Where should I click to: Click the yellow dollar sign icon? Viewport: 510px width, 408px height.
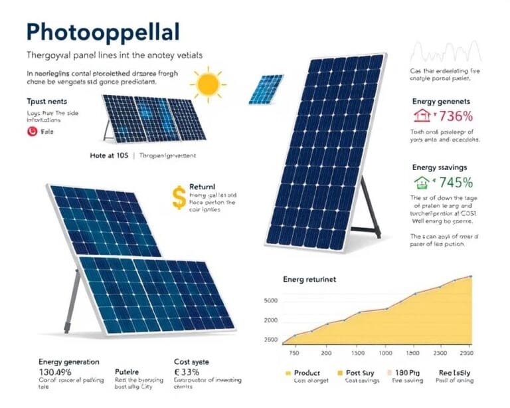click(x=177, y=197)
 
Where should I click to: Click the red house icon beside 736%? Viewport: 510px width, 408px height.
click(x=420, y=117)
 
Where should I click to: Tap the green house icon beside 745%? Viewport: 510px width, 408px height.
click(x=420, y=181)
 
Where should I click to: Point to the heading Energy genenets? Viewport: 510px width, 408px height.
click(x=441, y=101)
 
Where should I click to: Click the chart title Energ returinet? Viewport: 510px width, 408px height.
click(x=309, y=280)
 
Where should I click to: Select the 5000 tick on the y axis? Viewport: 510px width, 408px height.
click(x=270, y=301)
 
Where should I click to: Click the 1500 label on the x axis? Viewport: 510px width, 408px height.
click(x=359, y=353)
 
